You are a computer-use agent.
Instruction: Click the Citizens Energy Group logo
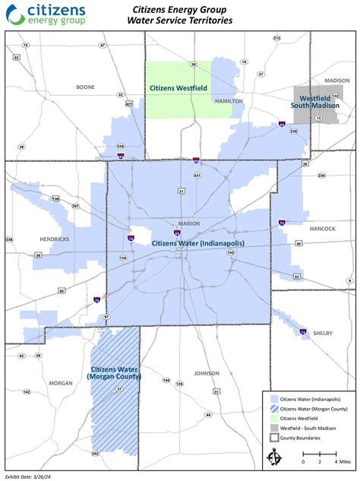46,13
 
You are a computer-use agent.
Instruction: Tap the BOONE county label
85,87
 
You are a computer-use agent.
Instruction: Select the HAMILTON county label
228,100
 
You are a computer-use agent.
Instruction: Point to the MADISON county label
337,80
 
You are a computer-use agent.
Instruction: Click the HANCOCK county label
322,227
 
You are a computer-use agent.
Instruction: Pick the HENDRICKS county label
55,239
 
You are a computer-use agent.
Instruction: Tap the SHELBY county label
322,333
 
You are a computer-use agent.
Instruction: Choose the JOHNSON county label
206,373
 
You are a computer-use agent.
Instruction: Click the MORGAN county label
60,382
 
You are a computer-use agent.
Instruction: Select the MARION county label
188,223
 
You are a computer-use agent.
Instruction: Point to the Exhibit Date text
28,476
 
